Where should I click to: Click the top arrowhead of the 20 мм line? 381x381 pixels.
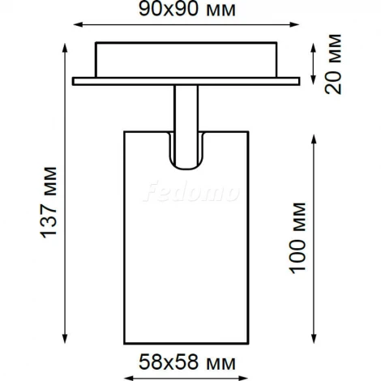coord(314,45)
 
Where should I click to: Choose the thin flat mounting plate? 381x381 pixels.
coord(186,81)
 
